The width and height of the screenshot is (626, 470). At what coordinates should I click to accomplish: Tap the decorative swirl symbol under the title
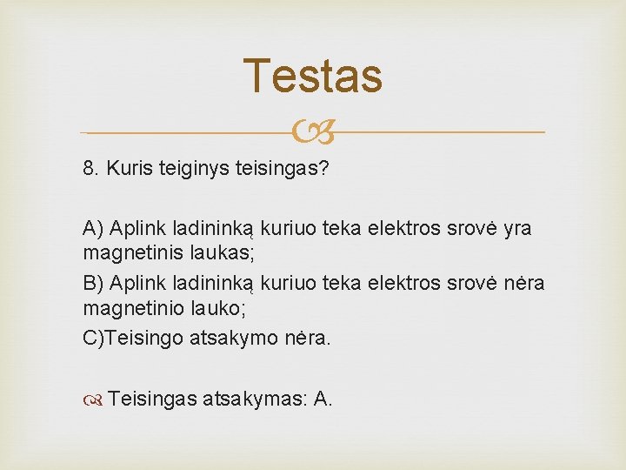(x=313, y=133)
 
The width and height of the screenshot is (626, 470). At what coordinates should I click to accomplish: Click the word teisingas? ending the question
(x=282, y=168)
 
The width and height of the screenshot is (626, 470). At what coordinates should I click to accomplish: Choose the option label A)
(x=93, y=228)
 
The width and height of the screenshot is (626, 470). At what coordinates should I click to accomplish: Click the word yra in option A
(x=516, y=228)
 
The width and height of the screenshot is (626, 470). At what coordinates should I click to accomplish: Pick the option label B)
(x=93, y=284)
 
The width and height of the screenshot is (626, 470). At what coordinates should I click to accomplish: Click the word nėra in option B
(x=521, y=284)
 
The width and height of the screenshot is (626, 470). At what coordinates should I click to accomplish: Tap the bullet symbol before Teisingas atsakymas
(x=95, y=399)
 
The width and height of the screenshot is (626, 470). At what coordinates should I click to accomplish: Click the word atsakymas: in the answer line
(x=255, y=399)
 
